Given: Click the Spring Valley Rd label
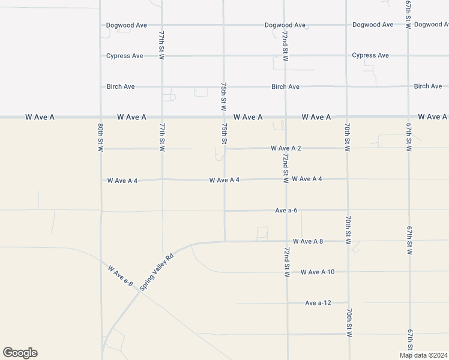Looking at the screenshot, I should [157, 272].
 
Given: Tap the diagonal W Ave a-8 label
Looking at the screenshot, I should [121, 275].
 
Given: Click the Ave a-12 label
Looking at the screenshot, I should [318, 303].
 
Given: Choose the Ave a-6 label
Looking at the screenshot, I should [286, 211].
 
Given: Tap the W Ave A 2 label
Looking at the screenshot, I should [285, 148].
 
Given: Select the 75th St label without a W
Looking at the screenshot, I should [224, 134].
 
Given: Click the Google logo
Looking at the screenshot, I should [20, 353].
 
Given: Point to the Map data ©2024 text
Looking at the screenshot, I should [423, 355].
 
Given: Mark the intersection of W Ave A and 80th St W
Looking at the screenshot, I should [100, 117].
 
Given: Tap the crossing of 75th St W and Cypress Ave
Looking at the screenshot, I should [223, 56].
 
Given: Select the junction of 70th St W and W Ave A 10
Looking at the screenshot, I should [348, 272].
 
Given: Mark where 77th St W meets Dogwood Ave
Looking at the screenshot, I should [161, 25].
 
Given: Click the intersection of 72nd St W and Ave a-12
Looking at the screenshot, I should [287, 303].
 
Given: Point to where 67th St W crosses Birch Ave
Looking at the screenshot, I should [408, 86].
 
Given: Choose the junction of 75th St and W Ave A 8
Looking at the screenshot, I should [224, 241].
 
